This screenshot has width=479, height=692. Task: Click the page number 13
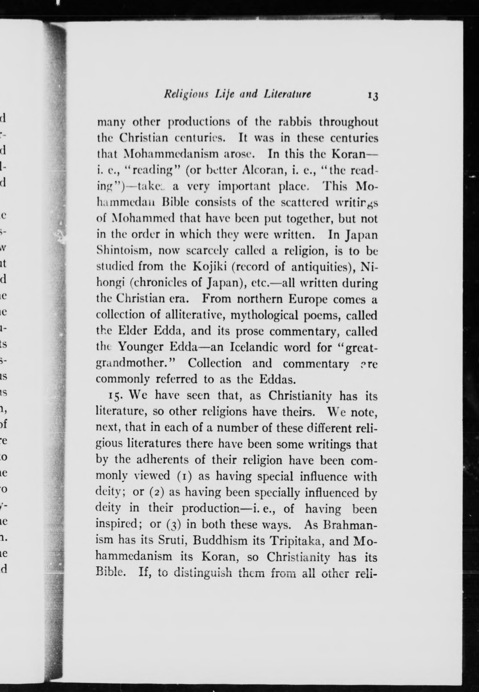[371, 96]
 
